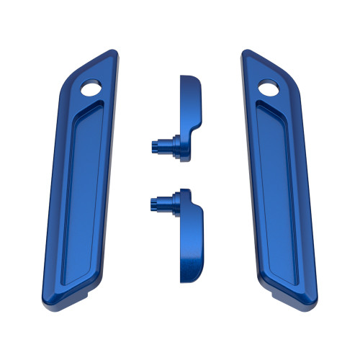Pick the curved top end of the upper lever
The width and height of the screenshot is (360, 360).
click(x=189, y=76)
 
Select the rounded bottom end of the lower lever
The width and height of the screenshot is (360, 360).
click(x=188, y=276)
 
